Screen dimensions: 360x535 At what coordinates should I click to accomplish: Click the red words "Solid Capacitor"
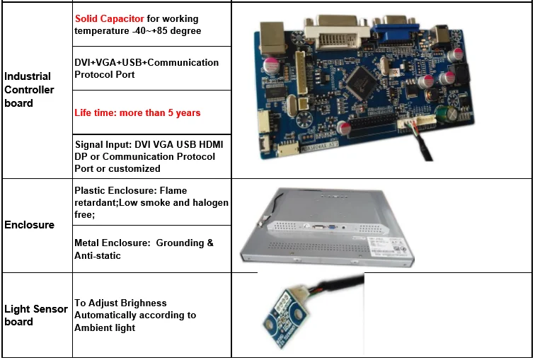[110, 18]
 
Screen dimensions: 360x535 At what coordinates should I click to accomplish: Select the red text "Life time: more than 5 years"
[137, 112]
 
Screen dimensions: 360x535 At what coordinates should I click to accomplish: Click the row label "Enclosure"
[29, 225]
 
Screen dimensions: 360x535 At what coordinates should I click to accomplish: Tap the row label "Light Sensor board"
[35, 315]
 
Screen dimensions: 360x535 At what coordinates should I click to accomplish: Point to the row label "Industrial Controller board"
[28, 90]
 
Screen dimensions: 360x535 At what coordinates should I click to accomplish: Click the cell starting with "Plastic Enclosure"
[151, 202]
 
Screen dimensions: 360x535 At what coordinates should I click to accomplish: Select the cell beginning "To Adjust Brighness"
[135, 315]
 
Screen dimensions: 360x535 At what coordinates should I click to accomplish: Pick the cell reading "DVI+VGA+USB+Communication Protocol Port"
[146, 68]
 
